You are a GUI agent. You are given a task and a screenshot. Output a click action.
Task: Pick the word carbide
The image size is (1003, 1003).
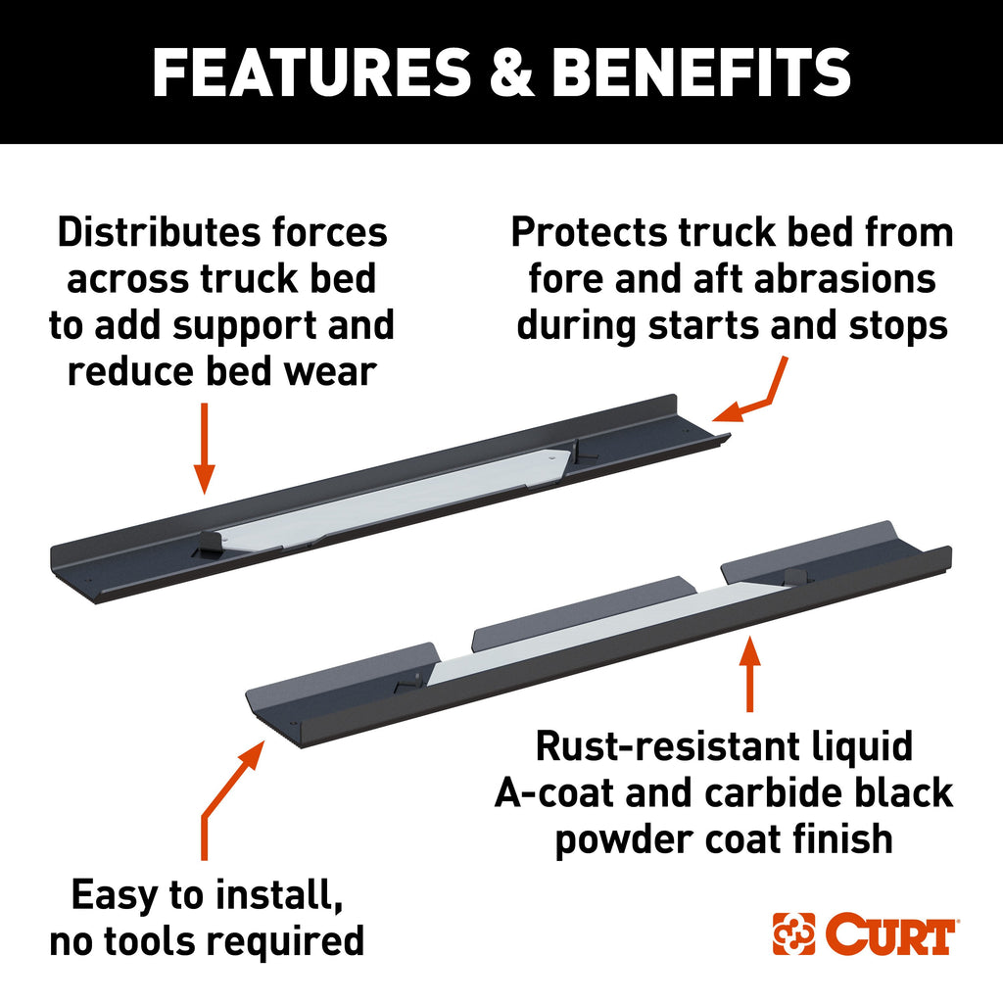click(755, 792)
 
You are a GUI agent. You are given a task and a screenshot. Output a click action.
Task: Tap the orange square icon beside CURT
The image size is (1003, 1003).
click(793, 935)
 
